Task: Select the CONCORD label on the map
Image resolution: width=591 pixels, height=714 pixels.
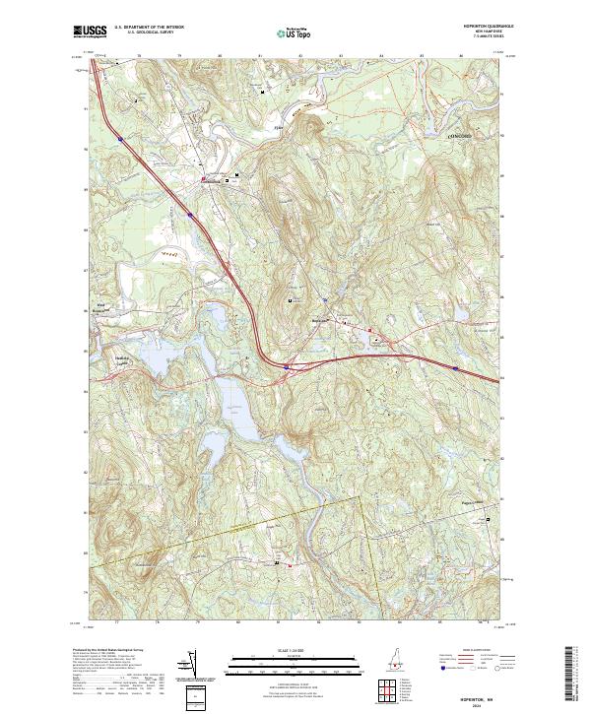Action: coord(445,135)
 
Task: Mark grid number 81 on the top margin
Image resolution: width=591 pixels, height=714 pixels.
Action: coord(259,57)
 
